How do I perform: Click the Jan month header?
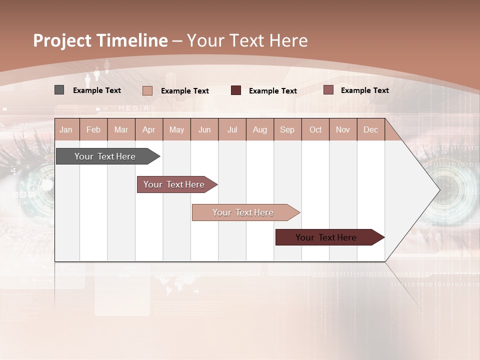tap(66, 129)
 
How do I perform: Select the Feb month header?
tap(93, 129)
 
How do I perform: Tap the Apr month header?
tap(149, 129)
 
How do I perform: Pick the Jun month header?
tap(204, 129)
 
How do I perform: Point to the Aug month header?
tap(260, 129)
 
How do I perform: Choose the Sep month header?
tap(287, 129)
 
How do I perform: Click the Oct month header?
tap(315, 129)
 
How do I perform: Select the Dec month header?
tap(371, 129)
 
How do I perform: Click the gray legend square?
tap(59, 90)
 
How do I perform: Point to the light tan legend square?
tap(147, 90)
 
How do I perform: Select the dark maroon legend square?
tap(236, 90)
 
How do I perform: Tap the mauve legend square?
tap(328, 90)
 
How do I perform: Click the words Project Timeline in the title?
tap(100, 40)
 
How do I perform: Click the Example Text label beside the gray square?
tap(97, 90)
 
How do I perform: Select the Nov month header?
tap(343, 129)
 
